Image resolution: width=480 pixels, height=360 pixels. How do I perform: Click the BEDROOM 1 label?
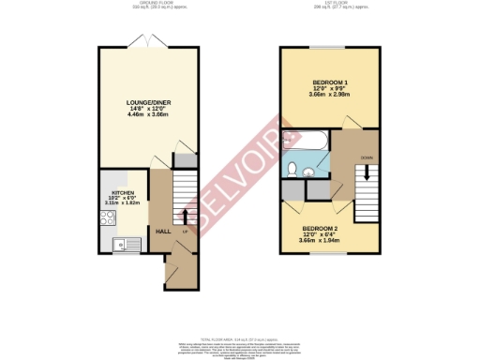pos(329,82)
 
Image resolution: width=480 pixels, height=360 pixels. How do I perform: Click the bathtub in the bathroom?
pos(305,142)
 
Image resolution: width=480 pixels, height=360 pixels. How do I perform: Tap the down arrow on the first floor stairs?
pos(366,173)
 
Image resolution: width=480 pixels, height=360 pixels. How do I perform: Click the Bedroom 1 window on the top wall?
pos(329,47)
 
